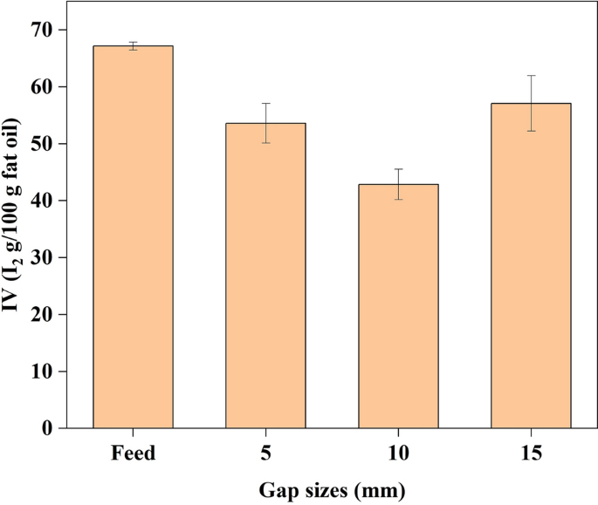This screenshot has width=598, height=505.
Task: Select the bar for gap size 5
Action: click(x=265, y=276)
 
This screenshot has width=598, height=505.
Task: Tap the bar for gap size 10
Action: click(x=398, y=306)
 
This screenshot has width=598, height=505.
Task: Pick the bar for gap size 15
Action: click(x=531, y=266)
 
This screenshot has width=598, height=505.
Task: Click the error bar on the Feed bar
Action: click(x=133, y=45)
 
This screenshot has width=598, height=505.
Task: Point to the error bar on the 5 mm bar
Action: click(x=265, y=123)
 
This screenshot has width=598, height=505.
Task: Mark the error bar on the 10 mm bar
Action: click(x=398, y=184)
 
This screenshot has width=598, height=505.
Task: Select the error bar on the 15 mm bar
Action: click(x=531, y=103)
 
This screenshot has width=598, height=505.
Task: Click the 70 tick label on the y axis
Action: click(x=41, y=31)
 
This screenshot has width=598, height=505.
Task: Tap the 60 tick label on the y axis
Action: click(x=41, y=87)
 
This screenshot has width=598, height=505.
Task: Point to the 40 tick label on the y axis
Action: click(x=41, y=201)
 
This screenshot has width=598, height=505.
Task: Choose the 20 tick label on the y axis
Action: click(x=41, y=315)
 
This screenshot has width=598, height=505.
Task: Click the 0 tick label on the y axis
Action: click(x=47, y=428)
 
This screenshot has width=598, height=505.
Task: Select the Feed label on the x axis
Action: click(x=133, y=454)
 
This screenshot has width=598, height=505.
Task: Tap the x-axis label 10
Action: click(x=398, y=454)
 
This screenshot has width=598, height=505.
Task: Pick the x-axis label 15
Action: click(x=531, y=454)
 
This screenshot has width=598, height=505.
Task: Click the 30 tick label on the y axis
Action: click(x=41, y=258)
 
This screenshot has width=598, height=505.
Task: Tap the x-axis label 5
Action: click(x=265, y=454)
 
